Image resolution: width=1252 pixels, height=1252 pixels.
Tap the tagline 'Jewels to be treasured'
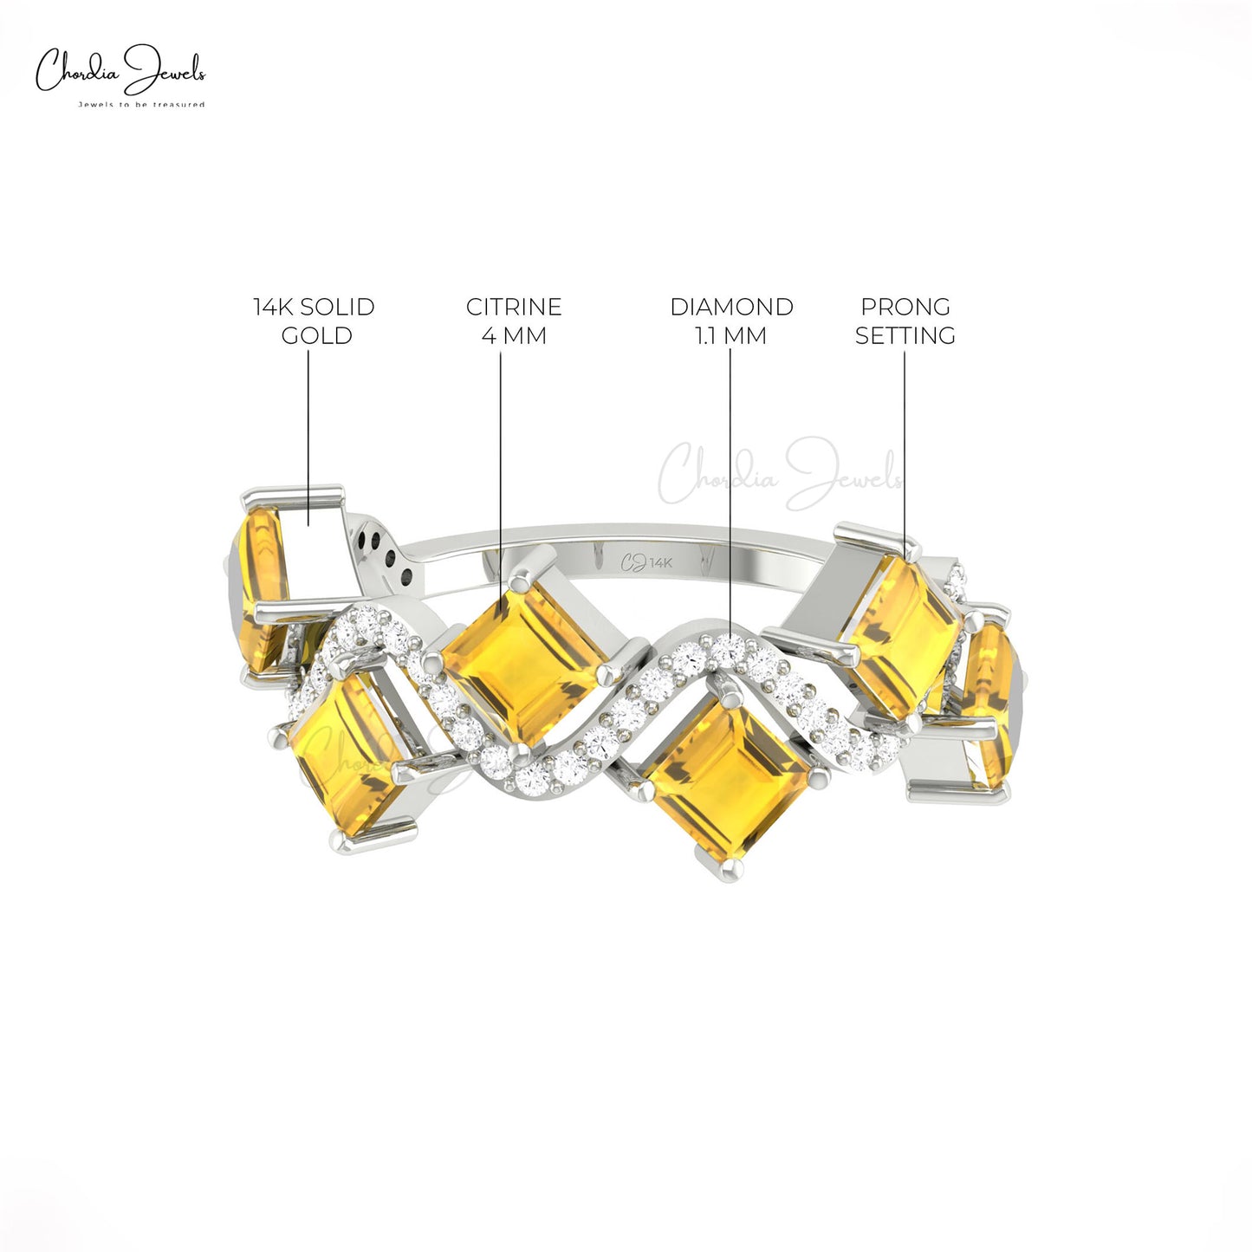pyautogui.click(x=141, y=104)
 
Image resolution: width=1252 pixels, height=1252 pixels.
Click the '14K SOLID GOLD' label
pyautogui.click(x=315, y=321)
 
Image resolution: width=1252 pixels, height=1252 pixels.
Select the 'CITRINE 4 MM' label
pyautogui.click(x=513, y=321)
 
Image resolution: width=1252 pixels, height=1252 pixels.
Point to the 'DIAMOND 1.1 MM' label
pyautogui.click(x=731, y=321)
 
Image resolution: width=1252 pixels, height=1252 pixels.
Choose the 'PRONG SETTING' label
pyautogui.click(x=905, y=321)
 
